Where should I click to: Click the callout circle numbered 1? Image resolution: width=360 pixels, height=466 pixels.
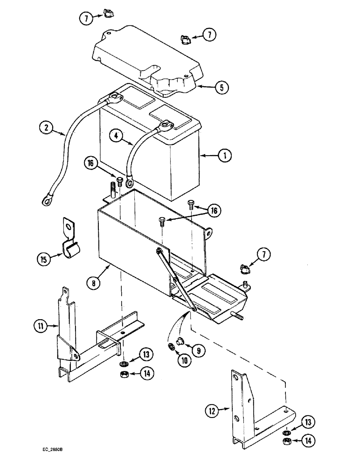(x=225, y=156)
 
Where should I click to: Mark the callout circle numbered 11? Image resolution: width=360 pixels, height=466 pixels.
(x=40, y=326)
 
